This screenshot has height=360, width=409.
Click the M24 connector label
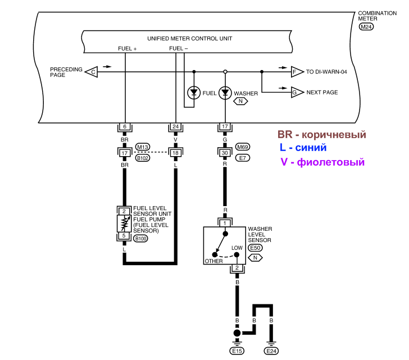click(x=366, y=26)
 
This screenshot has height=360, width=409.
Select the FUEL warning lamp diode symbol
click(x=194, y=93)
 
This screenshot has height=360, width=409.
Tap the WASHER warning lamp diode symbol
click(x=225, y=93)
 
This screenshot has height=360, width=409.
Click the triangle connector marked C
click(x=92, y=72)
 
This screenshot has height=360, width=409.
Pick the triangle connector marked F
click(x=297, y=72)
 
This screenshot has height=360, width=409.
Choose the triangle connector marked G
click(x=297, y=92)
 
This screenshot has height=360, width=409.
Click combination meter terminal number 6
click(x=125, y=127)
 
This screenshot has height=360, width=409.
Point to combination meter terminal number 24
click(x=175, y=127)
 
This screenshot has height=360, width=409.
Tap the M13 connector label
click(x=143, y=147)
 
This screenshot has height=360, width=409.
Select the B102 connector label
click(x=143, y=158)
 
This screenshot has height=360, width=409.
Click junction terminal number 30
click(x=225, y=153)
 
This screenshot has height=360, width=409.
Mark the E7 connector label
click(x=243, y=158)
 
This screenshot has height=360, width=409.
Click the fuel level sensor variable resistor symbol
click(x=124, y=224)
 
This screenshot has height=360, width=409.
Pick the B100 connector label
click(x=140, y=239)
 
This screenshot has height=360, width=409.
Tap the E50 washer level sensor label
click(x=255, y=248)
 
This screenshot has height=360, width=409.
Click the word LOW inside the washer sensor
click(x=237, y=248)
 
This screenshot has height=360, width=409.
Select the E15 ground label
click(x=237, y=351)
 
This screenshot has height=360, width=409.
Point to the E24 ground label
click(x=271, y=351)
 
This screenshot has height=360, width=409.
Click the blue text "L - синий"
click(x=303, y=148)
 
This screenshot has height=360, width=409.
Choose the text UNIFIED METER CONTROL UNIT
click(x=190, y=39)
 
